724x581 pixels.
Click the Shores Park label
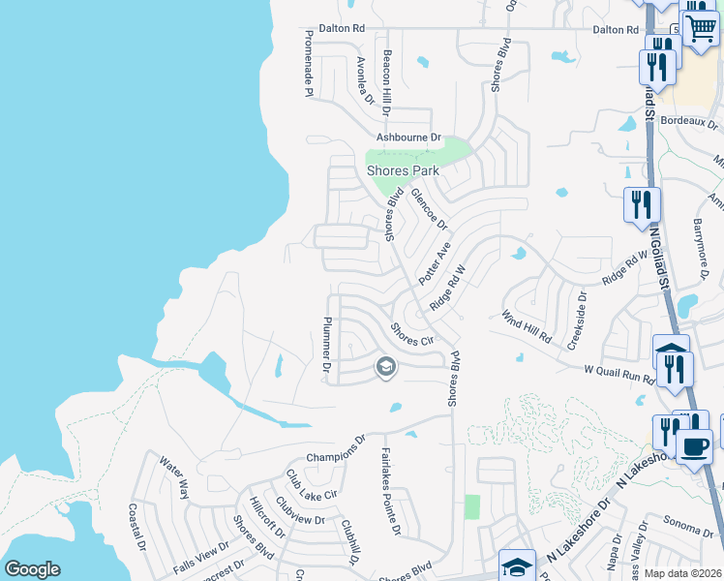(403, 170)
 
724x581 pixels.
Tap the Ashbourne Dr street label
(408, 138)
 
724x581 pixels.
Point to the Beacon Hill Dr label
(386, 82)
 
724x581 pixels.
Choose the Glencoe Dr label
(430, 208)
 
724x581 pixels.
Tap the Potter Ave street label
(435, 262)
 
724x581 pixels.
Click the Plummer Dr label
(327, 345)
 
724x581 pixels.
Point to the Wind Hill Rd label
(526, 327)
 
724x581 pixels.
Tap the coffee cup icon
(693, 446)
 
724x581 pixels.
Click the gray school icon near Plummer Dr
(385, 367)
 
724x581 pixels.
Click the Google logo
(32, 569)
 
